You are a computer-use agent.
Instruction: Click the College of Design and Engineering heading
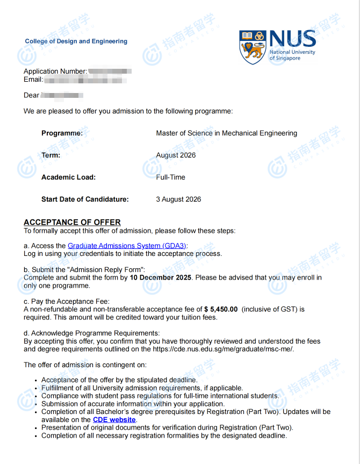tap(76, 41)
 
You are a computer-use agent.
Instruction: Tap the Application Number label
tap(55, 72)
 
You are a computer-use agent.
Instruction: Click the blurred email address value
tap(86, 80)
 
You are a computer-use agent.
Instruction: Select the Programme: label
tap(62, 133)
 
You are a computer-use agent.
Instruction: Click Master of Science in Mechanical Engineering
tap(226, 133)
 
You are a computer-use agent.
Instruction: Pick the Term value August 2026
tap(176, 155)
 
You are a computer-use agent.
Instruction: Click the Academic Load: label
tap(68, 177)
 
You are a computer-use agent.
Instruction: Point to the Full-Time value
tap(170, 177)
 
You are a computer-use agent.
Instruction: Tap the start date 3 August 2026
tap(178, 199)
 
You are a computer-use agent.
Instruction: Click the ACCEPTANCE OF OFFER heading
tap(72, 222)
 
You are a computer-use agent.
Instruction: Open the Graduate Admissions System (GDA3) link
tap(127, 246)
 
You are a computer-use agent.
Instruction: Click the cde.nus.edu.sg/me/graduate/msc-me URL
tap(222, 349)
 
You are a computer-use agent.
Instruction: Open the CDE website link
tap(114, 420)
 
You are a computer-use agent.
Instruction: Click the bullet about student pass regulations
tap(160, 396)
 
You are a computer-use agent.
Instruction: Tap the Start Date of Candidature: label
tap(85, 199)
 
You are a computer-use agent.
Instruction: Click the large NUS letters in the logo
tap(293, 39)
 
